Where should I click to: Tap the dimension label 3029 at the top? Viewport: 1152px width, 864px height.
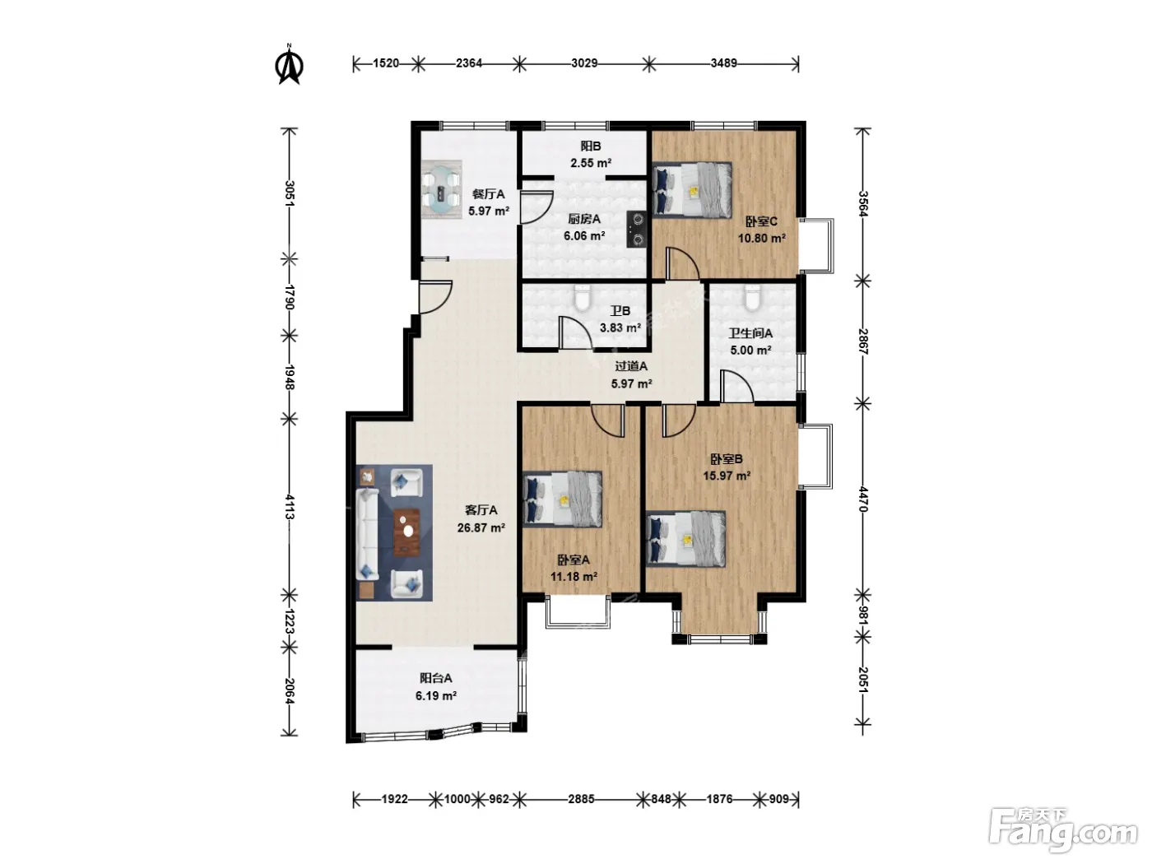(x=583, y=63)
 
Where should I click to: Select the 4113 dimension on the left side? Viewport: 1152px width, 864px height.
(x=290, y=506)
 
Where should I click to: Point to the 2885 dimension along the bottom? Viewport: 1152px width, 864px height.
(x=581, y=799)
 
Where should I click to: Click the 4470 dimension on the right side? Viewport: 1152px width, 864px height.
(x=863, y=499)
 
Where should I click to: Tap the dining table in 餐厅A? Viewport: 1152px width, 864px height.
(x=442, y=190)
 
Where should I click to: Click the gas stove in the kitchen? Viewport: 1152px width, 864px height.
(x=638, y=230)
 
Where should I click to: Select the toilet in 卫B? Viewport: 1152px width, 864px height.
(x=582, y=299)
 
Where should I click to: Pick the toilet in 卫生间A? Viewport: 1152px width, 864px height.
(x=753, y=299)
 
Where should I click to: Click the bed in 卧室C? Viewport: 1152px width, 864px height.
(x=692, y=190)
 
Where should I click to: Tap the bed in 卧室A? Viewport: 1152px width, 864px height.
(x=563, y=499)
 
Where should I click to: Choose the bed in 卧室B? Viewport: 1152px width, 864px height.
(x=686, y=539)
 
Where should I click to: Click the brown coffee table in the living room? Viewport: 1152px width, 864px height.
(x=406, y=532)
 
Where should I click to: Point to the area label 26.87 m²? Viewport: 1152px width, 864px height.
(x=481, y=527)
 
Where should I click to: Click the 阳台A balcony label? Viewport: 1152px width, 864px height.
(x=435, y=678)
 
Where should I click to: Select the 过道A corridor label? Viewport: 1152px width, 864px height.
(x=631, y=367)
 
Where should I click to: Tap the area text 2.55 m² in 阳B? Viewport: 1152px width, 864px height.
(x=591, y=163)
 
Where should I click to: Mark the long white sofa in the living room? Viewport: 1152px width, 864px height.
(x=367, y=534)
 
